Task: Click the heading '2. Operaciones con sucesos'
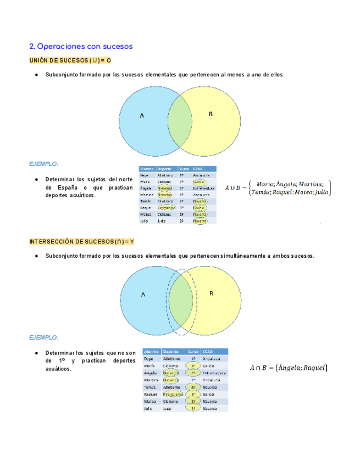[x=81, y=46]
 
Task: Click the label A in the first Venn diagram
[x=142, y=115]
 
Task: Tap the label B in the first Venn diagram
[x=211, y=114]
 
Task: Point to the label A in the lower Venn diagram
[x=143, y=295]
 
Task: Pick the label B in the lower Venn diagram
[x=211, y=293]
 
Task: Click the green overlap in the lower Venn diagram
[x=181, y=301]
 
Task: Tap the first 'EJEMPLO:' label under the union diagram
[x=44, y=164]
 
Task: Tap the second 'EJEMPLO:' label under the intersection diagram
[x=44, y=337]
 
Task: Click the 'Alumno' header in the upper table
[x=147, y=169]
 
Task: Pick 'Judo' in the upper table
[x=161, y=221]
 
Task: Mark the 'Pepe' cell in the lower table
[x=148, y=359]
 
